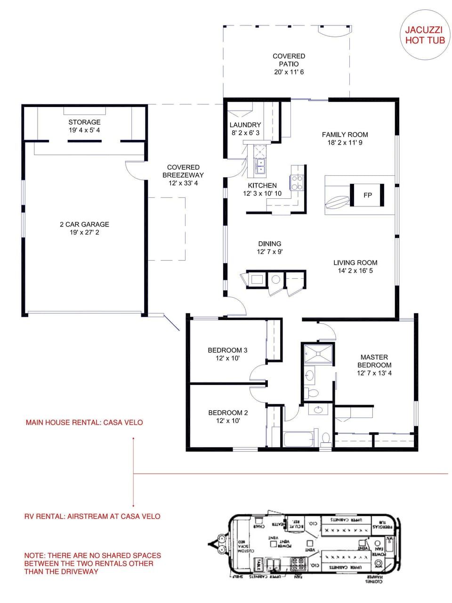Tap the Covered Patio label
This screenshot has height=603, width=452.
(x=289, y=60)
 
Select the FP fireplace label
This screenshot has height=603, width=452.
(x=368, y=195)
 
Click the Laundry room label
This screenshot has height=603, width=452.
(x=245, y=125)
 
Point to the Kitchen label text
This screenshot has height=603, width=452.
(x=262, y=186)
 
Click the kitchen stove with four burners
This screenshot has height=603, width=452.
(x=297, y=182)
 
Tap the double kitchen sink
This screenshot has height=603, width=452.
(x=260, y=166)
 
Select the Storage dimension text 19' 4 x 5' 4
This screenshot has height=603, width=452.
(x=84, y=130)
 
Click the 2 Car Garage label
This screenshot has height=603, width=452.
(x=84, y=224)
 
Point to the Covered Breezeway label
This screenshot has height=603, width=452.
(x=183, y=171)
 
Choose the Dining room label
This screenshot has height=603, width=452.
(x=269, y=244)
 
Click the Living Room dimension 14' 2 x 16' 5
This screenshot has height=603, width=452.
(x=355, y=271)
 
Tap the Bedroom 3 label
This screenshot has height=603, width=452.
(x=227, y=350)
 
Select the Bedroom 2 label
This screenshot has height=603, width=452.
(x=228, y=413)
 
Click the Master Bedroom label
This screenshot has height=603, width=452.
(x=374, y=361)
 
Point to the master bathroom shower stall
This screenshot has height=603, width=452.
(x=318, y=353)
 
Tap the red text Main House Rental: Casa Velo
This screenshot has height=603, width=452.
(x=84, y=423)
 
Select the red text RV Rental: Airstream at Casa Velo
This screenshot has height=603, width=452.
(x=92, y=516)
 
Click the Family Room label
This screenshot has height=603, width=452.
(x=345, y=134)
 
